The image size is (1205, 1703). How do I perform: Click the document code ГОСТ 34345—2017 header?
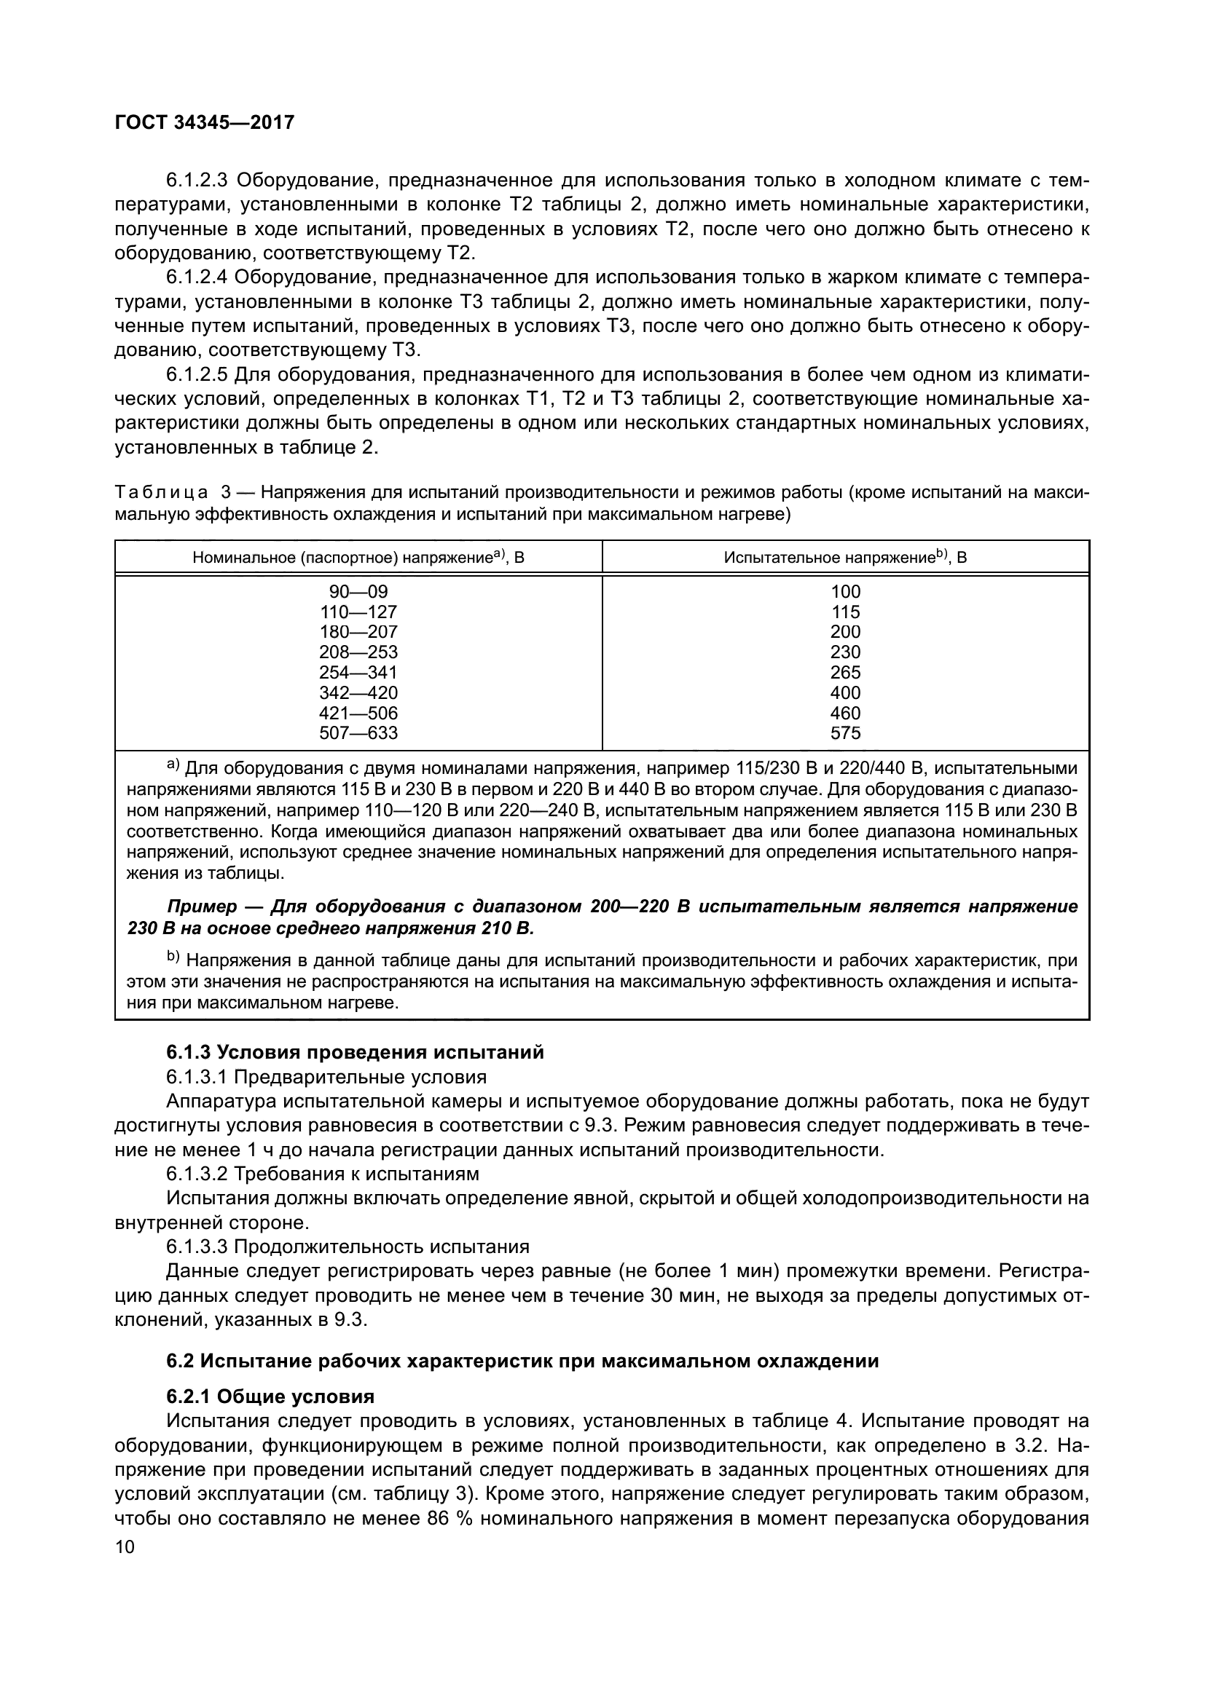click(x=204, y=122)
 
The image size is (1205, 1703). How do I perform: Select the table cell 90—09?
click(x=358, y=592)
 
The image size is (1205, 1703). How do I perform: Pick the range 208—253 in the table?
click(x=358, y=652)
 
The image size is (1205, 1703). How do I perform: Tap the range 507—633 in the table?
click(x=358, y=734)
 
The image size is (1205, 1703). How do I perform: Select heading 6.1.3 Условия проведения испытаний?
click(x=355, y=1053)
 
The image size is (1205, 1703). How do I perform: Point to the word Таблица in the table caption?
click(x=161, y=492)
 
